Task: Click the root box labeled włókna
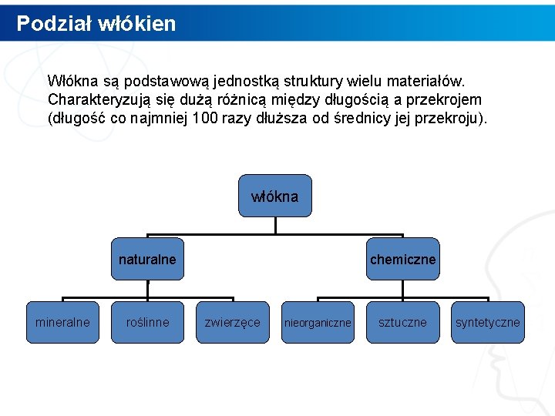[x=275, y=196]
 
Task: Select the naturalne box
[x=147, y=259]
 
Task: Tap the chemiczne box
[x=402, y=259]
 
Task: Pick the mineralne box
[x=62, y=322]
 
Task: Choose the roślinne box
[x=147, y=322]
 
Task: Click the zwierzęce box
[x=232, y=322]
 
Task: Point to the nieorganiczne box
[x=318, y=322]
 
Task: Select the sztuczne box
[x=402, y=322]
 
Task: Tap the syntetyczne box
[x=487, y=322]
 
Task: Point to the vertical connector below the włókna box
[x=275, y=225]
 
